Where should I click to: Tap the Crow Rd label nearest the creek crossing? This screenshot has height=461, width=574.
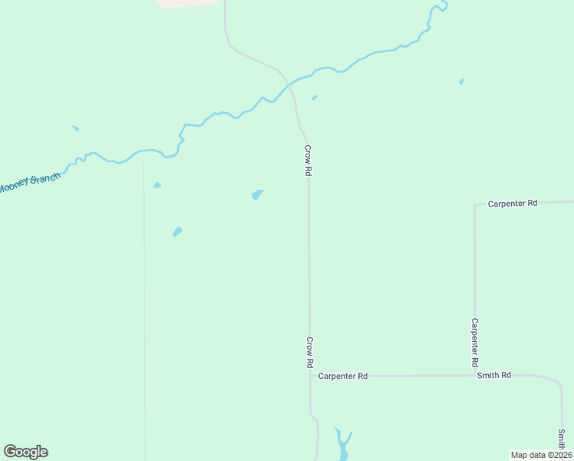(x=308, y=161)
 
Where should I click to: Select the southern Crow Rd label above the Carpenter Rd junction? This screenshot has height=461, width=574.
(x=310, y=352)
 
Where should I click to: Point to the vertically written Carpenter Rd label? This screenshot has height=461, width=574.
(x=475, y=342)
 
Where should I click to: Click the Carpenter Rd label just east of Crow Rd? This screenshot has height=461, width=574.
(x=343, y=376)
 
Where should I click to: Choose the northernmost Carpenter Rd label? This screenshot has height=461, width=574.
(x=513, y=204)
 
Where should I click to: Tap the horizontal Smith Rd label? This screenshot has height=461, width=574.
(x=493, y=376)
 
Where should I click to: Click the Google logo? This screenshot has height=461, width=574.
(x=25, y=452)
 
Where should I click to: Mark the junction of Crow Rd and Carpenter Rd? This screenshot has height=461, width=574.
(x=310, y=376)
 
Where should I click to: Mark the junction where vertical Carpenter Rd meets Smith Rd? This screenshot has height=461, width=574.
(x=475, y=376)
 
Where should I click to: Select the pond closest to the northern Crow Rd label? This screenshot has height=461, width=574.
(x=257, y=194)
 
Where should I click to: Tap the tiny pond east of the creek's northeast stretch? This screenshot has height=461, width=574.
(x=461, y=81)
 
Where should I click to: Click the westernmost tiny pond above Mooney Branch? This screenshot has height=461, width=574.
(x=75, y=128)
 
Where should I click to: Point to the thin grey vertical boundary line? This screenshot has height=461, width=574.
(x=144, y=307)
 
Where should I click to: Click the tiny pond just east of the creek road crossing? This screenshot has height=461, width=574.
(x=315, y=98)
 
